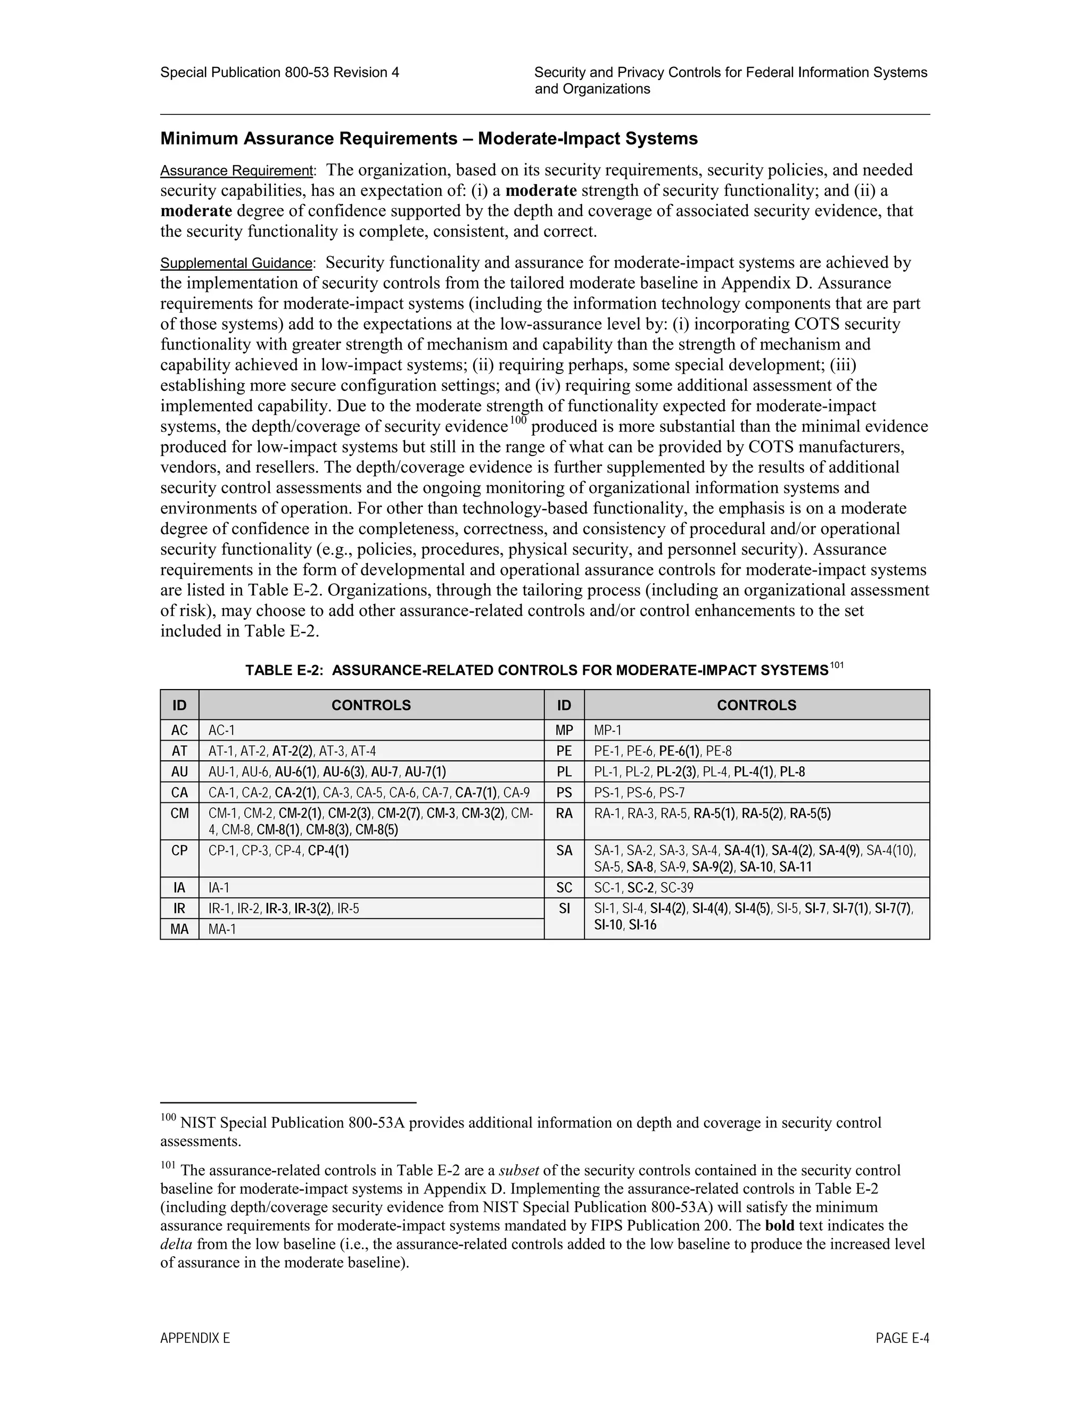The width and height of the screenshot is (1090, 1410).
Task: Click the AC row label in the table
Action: [179, 730]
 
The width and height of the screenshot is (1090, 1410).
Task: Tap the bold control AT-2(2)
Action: [293, 751]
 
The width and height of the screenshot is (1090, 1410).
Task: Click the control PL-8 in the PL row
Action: [792, 772]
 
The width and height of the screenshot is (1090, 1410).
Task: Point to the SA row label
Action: [564, 850]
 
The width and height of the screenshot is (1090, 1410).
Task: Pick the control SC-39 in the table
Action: [677, 888]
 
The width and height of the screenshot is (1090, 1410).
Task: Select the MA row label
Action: [179, 929]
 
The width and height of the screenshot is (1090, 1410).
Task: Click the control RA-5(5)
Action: [811, 814]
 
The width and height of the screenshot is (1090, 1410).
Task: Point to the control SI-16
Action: [642, 925]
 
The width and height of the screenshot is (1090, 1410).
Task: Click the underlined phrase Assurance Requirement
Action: [236, 171]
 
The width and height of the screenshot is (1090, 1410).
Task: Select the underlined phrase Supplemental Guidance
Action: [236, 263]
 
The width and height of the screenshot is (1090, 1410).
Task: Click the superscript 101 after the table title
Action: [837, 665]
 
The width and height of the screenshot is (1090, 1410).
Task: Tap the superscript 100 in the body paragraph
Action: [518, 421]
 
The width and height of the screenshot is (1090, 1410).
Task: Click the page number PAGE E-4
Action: [902, 1338]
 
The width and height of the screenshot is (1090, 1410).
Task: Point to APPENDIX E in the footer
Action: [195, 1338]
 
